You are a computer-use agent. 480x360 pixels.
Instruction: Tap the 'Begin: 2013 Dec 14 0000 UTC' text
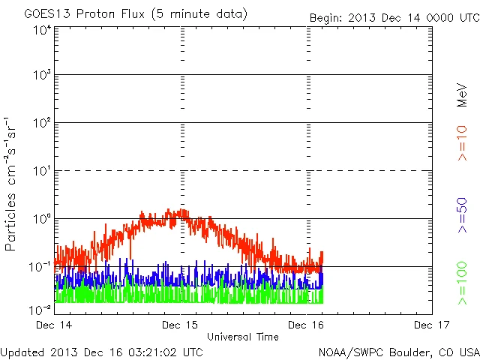point(394,17)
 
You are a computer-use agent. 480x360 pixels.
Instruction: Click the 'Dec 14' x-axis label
point(55,325)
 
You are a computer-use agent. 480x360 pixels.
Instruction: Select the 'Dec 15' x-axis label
point(181,325)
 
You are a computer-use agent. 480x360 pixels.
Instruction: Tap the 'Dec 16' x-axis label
point(307,325)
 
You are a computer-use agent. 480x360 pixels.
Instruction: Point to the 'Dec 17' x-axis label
point(432,325)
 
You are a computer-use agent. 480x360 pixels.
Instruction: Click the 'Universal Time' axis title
point(243,337)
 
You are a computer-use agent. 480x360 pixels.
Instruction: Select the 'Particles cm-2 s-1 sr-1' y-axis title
point(13,184)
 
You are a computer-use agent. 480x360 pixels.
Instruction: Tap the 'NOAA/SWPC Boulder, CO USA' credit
point(398,352)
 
